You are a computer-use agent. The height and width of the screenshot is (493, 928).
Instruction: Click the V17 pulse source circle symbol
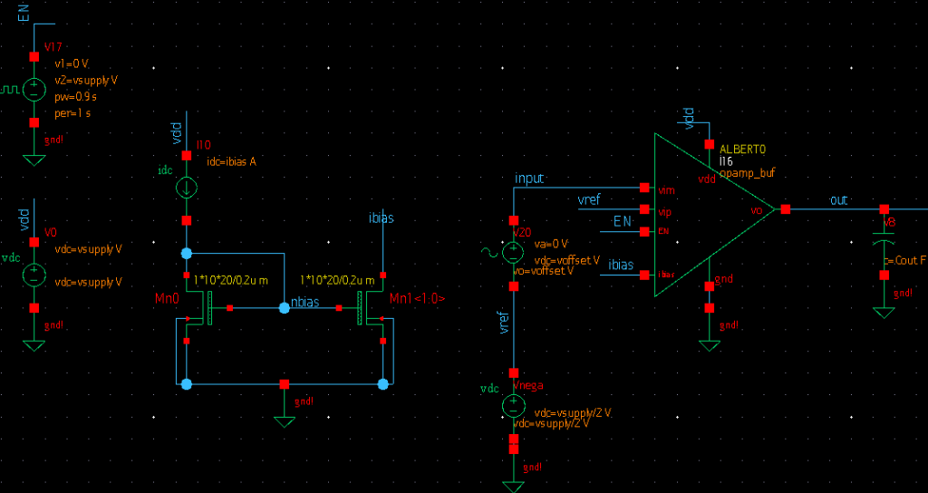[34, 90]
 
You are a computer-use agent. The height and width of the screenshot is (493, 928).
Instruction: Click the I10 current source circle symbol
[186, 188]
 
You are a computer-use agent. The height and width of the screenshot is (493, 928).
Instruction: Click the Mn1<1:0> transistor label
[418, 297]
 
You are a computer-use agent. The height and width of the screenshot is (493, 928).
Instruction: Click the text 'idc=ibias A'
[227, 161]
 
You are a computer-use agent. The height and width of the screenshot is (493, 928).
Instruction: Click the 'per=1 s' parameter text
[73, 113]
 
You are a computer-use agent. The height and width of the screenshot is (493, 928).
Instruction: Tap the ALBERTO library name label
[743, 149]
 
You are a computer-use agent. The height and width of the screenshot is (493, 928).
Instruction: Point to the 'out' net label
[839, 199]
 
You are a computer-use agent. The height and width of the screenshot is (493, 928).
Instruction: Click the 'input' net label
[528, 179]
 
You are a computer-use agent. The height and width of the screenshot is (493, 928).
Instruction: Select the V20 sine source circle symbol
[513, 252]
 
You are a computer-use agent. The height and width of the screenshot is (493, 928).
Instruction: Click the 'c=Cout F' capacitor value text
[905, 260]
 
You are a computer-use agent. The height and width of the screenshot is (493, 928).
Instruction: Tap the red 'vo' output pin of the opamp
[786, 209]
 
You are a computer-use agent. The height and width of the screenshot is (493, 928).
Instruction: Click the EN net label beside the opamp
[622, 221]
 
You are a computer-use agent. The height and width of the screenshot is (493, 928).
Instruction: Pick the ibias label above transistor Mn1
[382, 218]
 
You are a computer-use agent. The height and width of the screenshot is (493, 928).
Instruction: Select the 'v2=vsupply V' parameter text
[86, 80]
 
